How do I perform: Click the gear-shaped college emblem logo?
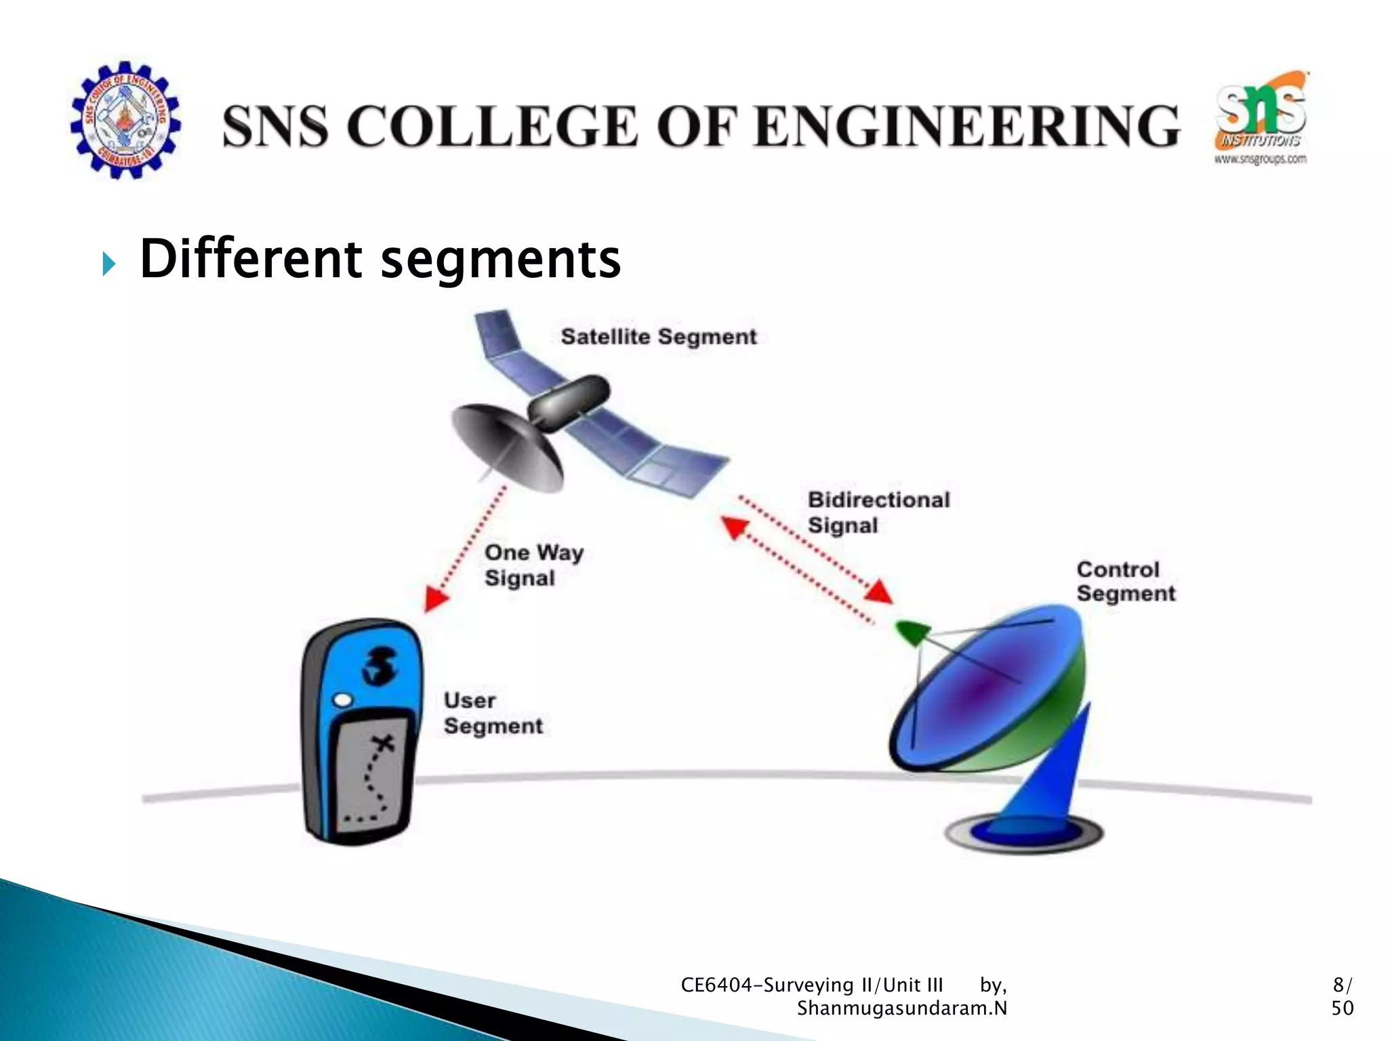[x=125, y=121]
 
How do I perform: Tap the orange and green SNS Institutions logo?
[x=1261, y=119]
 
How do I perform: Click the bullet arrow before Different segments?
[x=109, y=263]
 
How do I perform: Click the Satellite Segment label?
[x=658, y=337]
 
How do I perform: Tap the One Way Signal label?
[x=533, y=565]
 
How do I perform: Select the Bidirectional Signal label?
[x=878, y=512]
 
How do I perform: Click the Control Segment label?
[x=1125, y=581]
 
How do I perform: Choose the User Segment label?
[x=492, y=713]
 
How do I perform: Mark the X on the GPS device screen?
[x=384, y=743]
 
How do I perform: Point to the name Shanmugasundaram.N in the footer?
[x=901, y=1008]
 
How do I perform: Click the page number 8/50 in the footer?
[x=1341, y=996]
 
